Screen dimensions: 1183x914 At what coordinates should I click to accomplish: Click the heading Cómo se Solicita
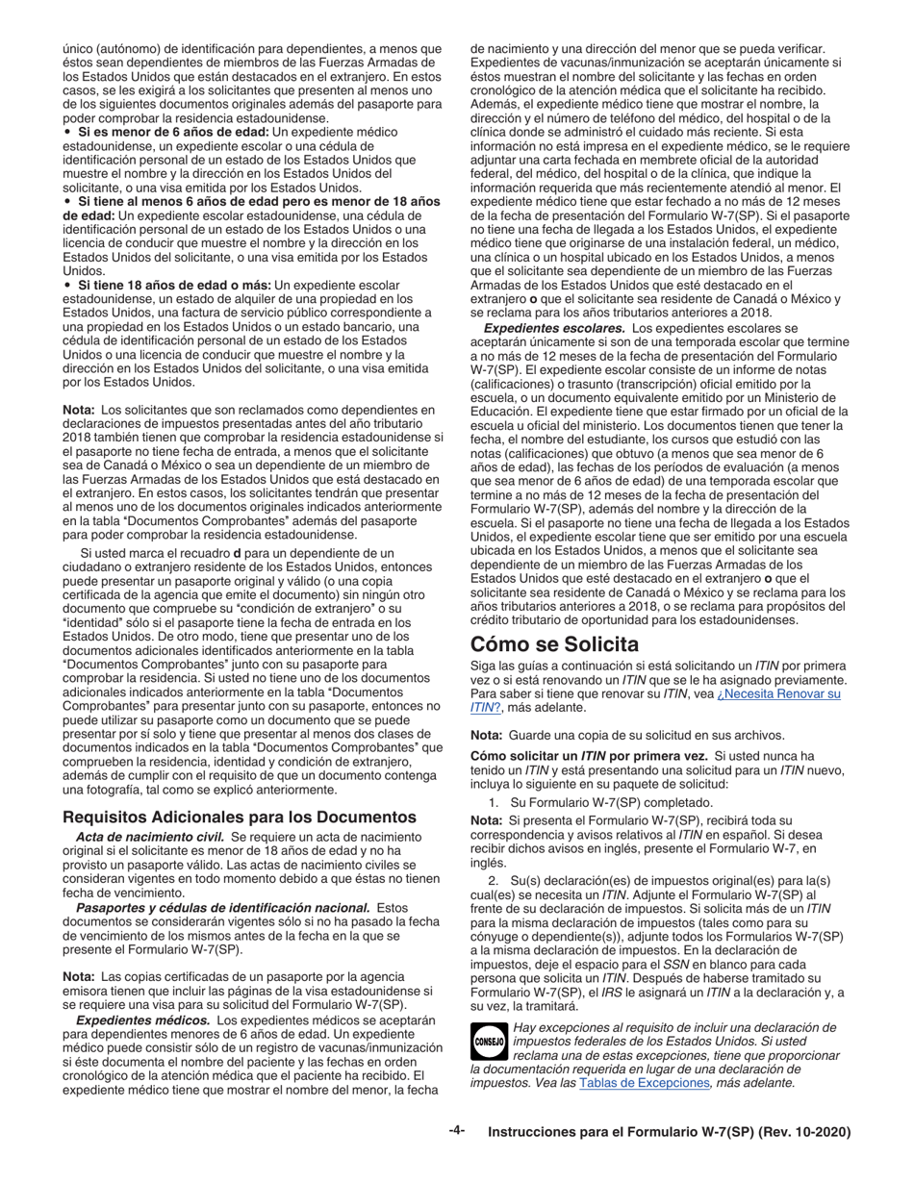point(554,643)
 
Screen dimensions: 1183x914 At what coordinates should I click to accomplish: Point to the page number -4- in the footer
point(456,1132)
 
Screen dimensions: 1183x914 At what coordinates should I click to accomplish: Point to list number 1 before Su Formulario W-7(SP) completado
point(493,802)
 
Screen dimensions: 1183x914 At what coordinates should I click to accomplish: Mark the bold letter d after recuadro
point(238,552)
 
